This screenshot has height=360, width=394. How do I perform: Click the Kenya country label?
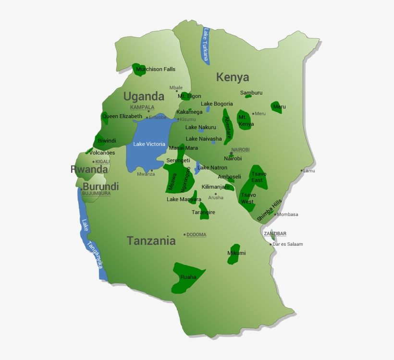[x=233, y=77]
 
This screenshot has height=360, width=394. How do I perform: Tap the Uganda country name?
[x=144, y=96]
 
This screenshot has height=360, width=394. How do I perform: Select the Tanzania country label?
[x=151, y=241]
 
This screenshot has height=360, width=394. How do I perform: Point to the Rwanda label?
[x=89, y=169]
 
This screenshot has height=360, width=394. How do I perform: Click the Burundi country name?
[x=100, y=186]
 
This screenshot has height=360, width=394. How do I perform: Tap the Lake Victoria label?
[x=149, y=144]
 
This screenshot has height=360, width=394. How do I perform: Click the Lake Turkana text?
[x=206, y=46]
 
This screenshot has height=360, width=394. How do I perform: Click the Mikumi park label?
[x=236, y=253]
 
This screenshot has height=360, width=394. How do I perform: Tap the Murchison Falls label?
[x=156, y=69]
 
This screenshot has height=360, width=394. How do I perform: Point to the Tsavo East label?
[x=258, y=177]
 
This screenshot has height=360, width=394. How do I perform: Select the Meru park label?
[x=279, y=107]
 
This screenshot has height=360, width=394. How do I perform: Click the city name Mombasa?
[x=287, y=215]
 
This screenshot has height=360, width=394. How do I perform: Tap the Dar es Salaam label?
[x=288, y=244]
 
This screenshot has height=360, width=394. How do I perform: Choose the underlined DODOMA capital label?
[x=196, y=235]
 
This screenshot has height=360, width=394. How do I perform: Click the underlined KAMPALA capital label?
[x=142, y=107]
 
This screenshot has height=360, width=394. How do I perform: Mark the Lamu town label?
[x=309, y=170]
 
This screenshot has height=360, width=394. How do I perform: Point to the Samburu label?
[x=251, y=93]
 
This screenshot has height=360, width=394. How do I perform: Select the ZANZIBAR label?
[x=275, y=234]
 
